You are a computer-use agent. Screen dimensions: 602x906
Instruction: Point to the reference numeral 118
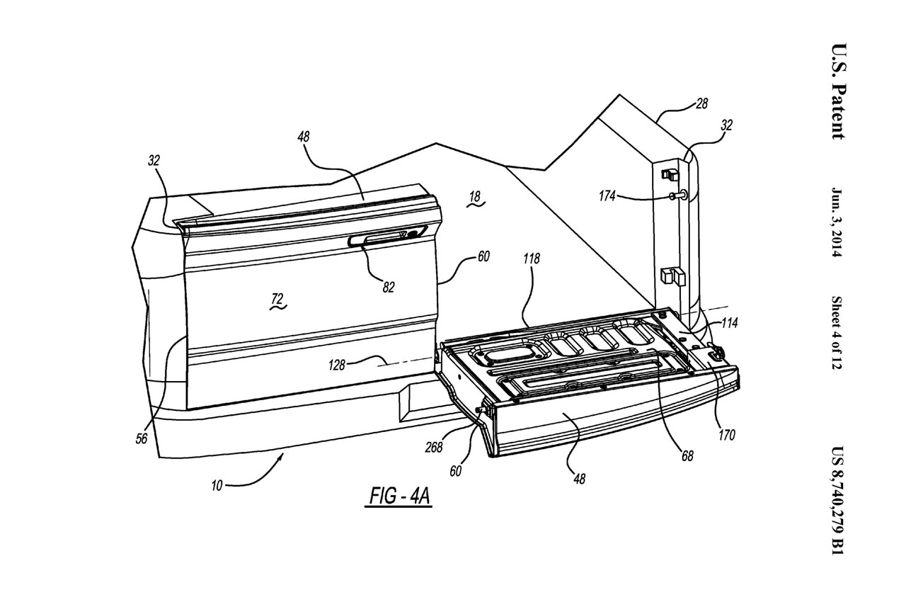pos(531,259)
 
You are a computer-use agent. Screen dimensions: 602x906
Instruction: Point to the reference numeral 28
pos(701,104)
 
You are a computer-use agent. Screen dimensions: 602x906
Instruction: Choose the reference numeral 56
pos(142,438)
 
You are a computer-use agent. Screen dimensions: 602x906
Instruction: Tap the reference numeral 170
pos(726,435)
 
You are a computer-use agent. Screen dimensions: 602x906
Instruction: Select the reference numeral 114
pos(730,323)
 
